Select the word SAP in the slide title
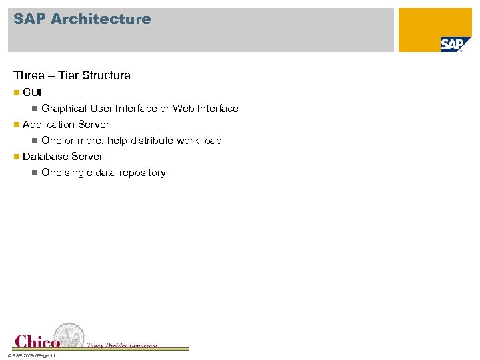coord(29,19)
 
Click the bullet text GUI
coord(32,92)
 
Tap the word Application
coord(49,124)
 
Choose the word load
coord(212,140)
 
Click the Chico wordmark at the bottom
coord(37,341)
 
